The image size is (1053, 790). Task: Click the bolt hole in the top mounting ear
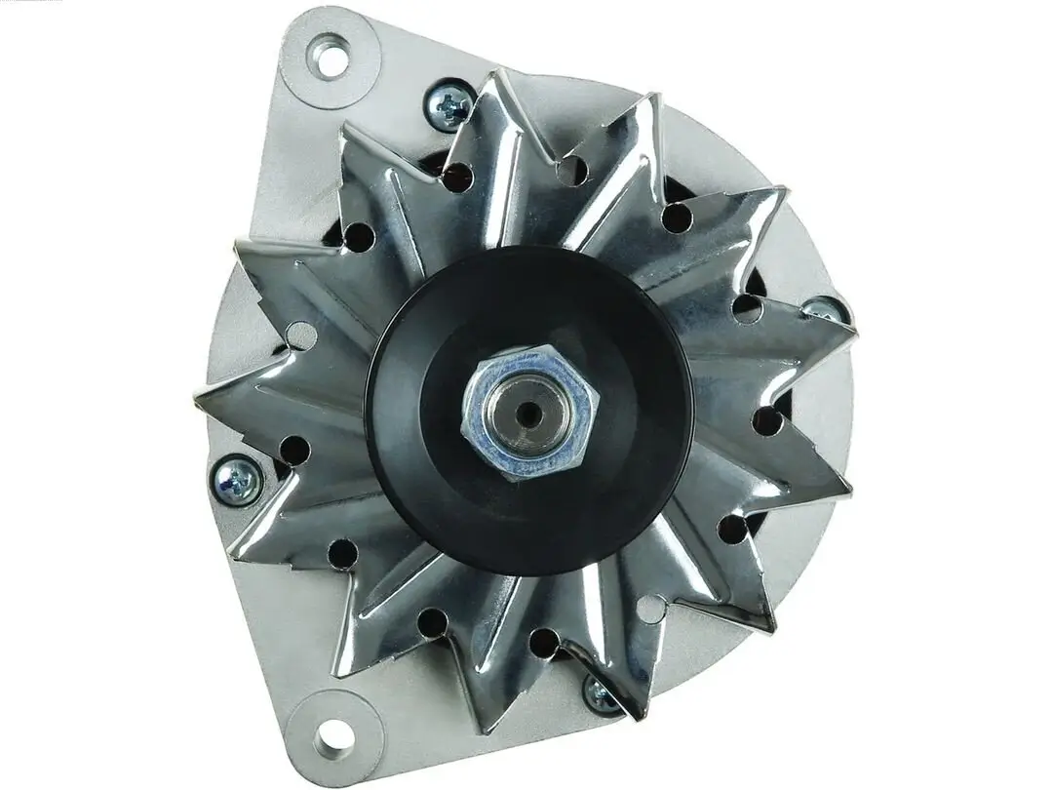(331, 57)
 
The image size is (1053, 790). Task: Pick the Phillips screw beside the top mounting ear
(449, 105)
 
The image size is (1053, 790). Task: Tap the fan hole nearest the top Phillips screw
(457, 177)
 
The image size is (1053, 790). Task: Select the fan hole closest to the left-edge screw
(293, 450)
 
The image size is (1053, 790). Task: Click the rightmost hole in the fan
(767, 421)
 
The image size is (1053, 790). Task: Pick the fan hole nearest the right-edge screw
(749, 308)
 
